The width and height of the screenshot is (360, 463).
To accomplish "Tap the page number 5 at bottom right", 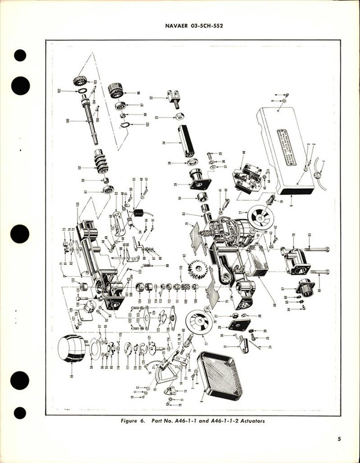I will click(x=340, y=438).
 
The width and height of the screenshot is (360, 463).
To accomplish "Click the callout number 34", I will click(x=164, y=142).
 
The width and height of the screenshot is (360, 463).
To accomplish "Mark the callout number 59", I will click(x=72, y=376).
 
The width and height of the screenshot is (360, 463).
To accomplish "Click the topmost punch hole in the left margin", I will click(x=20, y=56).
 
